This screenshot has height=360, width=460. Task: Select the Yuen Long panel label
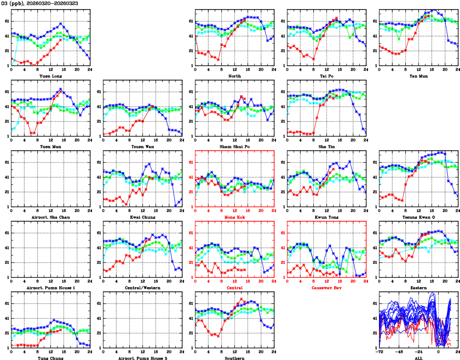[x=51, y=76]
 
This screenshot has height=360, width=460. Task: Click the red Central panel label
[x=235, y=288]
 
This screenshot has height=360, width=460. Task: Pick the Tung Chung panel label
[x=51, y=358]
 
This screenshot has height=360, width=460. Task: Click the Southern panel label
[x=235, y=358]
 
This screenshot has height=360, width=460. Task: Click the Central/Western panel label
[x=142, y=288]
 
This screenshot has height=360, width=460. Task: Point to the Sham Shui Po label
[x=235, y=146]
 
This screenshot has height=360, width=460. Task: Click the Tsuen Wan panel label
[x=142, y=146]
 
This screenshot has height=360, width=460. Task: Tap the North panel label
[x=235, y=76]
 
